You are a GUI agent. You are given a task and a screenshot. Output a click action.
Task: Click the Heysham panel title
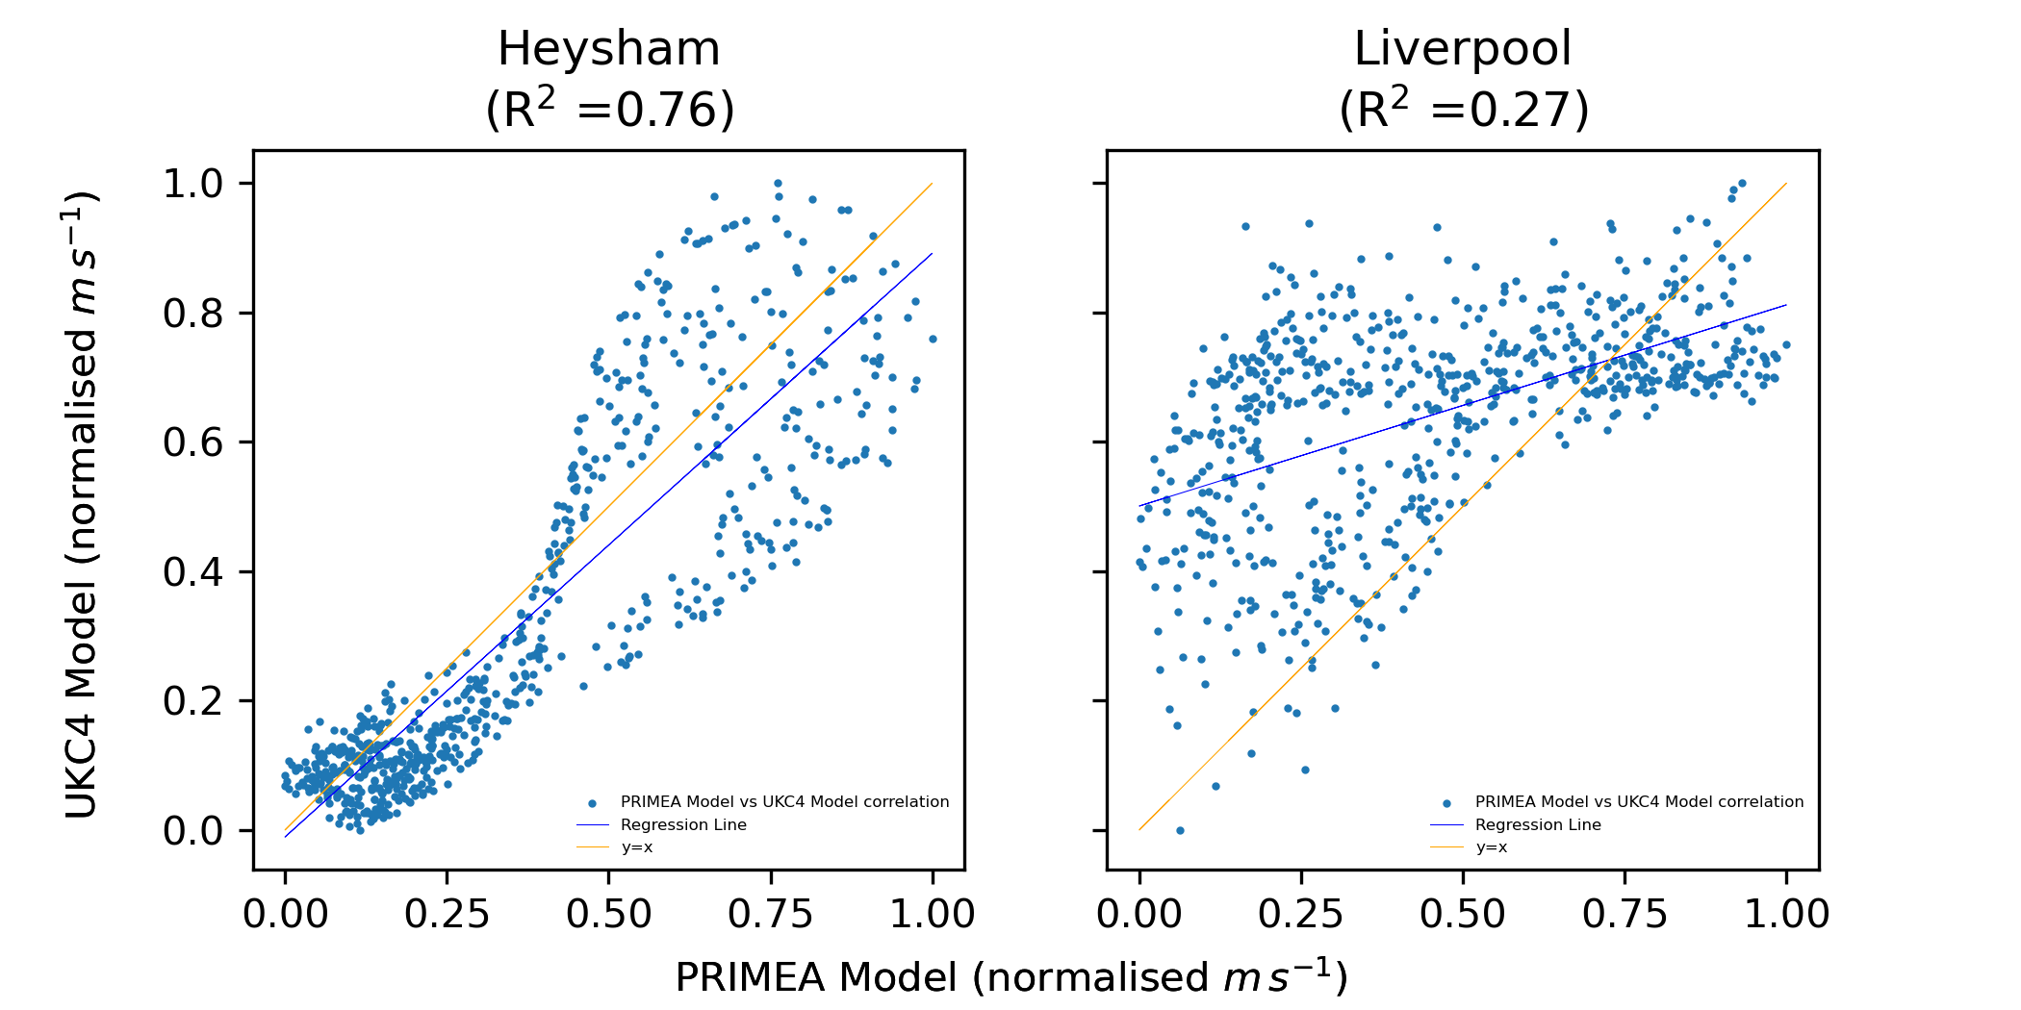click(608, 49)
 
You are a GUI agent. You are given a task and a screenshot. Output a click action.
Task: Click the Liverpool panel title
click(1462, 49)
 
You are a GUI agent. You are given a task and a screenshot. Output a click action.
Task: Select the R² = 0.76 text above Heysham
click(609, 110)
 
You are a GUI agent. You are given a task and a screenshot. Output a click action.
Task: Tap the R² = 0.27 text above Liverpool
click(1463, 110)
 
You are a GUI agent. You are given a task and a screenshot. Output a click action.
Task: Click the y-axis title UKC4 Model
click(83, 506)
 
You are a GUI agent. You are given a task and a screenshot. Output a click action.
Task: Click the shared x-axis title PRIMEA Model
click(1010, 976)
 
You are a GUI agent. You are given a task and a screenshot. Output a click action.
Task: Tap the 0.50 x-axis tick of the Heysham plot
click(608, 914)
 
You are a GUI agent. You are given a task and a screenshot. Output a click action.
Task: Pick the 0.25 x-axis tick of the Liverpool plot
click(1301, 914)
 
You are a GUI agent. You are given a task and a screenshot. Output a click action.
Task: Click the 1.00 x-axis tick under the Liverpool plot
click(1786, 914)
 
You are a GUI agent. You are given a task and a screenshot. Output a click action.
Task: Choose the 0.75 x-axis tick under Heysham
click(770, 914)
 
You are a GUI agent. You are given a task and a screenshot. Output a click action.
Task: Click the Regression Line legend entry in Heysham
click(683, 825)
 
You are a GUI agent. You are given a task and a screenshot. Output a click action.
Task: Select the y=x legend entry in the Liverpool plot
click(1491, 848)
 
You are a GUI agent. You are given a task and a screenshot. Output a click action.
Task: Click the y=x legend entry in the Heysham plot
click(637, 848)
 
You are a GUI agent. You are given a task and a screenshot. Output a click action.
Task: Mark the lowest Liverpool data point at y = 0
click(1180, 830)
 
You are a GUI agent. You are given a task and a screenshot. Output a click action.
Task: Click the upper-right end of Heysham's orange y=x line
click(932, 184)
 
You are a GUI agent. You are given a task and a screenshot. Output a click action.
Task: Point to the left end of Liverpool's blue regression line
click(1140, 506)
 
